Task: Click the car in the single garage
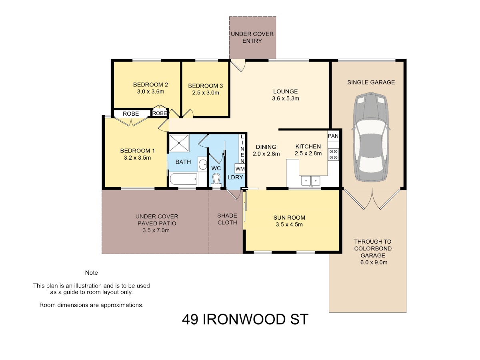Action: pyautogui.click(x=371, y=137)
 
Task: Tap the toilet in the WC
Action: pyautogui.click(x=216, y=180)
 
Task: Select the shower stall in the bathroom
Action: pyautogui.click(x=179, y=143)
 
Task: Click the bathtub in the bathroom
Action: pyautogui.click(x=184, y=179)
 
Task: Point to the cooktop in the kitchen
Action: pyautogui.click(x=333, y=154)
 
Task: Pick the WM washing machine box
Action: pyautogui.click(x=240, y=168)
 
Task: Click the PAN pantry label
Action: pyautogui.click(x=333, y=136)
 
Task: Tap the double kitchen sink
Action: pyautogui.click(x=311, y=181)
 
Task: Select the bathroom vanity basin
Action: pyautogui.click(x=203, y=164)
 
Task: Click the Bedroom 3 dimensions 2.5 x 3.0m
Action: pyautogui.click(x=206, y=93)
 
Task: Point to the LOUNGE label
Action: pyautogui.click(x=285, y=91)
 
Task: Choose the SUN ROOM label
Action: pyautogui.click(x=289, y=218)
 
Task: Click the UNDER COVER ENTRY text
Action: pyautogui.click(x=252, y=37)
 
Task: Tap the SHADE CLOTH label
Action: pyautogui.click(x=227, y=219)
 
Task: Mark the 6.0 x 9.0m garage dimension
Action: pyautogui.click(x=374, y=262)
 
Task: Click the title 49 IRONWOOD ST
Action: pyautogui.click(x=245, y=319)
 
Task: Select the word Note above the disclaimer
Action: pyautogui.click(x=92, y=273)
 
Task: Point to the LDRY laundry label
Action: pyautogui.click(x=235, y=177)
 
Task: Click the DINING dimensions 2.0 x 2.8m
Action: pyautogui.click(x=266, y=154)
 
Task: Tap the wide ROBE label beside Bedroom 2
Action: pyautogui.click(x=131, y=114)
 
